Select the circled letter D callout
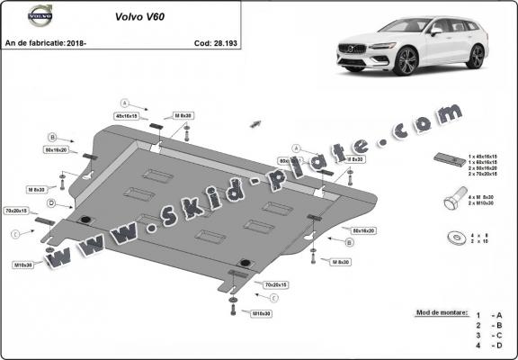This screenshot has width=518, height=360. (x=52, y=203)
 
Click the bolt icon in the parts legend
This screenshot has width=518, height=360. (x=452, y=199)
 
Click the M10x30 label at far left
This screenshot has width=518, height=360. (x=23, y=265)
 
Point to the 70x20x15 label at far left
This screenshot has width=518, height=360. (x=16, y=210)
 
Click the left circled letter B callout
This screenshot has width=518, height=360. (x=52, y=137)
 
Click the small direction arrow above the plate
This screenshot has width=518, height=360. (x=255, y=121)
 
